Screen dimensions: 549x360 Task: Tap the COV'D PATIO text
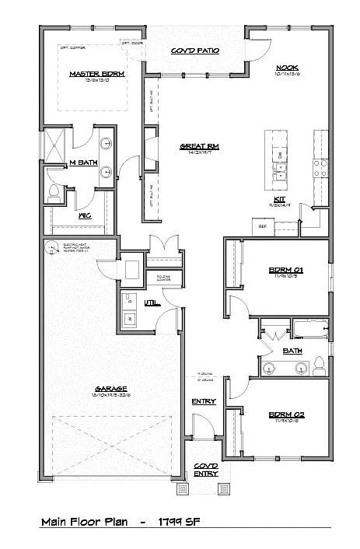tap(194, 51)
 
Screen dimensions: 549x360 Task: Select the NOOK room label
tap(287, 68)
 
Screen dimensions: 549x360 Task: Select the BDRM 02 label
tap(285, 415)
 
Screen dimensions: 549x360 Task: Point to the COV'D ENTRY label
tap(206, 469)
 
